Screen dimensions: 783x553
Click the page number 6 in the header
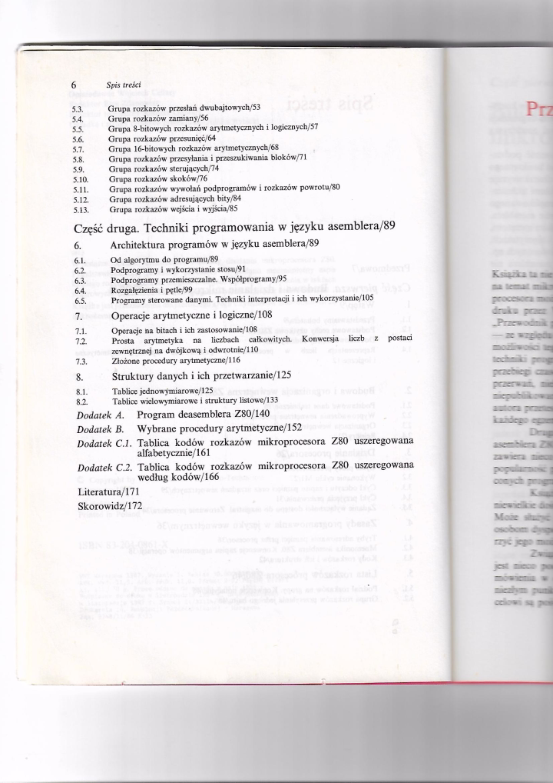pos(74,87)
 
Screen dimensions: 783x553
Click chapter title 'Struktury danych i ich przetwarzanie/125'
pos(202,377)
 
